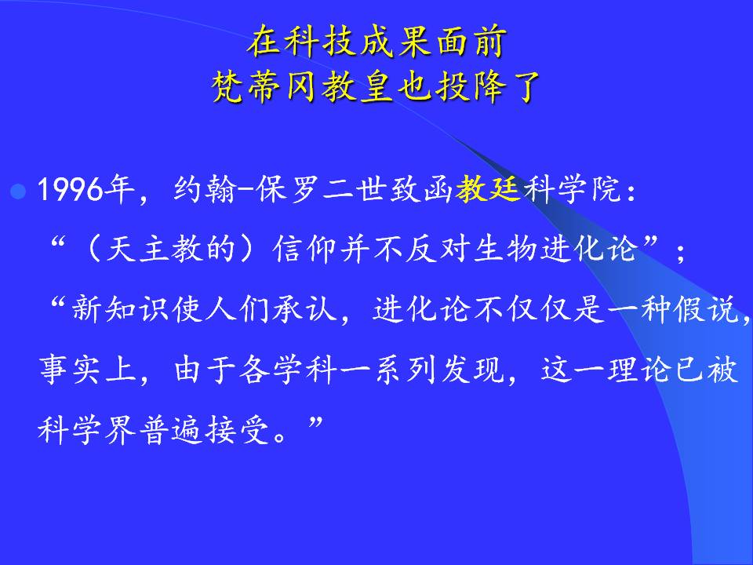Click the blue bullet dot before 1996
18,191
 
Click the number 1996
71,189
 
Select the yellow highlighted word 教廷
488,188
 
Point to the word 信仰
304,249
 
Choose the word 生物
505,249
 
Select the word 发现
472,369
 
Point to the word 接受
237,428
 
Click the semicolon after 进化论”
680,252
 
